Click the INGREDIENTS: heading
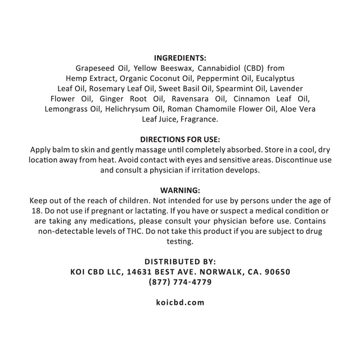180,57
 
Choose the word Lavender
285,88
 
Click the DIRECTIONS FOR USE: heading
180,139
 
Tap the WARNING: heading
180,190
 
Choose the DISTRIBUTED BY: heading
180,262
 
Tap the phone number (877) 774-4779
180,282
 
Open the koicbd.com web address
180,302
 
